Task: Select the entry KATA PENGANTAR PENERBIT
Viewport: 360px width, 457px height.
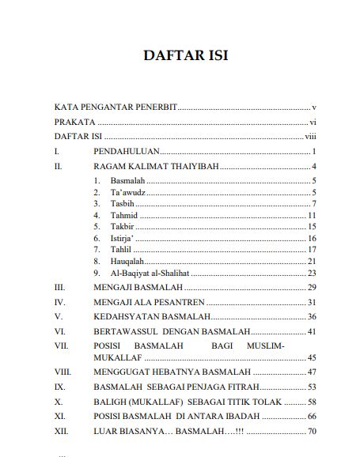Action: pyautogui.click(x=116, y=106)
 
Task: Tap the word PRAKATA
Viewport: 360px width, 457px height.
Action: pyautogui.click(x=74, y=123)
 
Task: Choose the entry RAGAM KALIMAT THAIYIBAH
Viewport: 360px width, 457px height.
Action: pyautogui.click(x=156, y=167)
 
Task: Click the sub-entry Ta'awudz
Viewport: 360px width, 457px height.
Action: pyautogui.click(x=127, y=193)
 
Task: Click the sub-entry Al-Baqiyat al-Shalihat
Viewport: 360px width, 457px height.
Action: pyautogui.click(x=150, y=273)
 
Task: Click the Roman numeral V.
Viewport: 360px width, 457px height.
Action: pyautogui.click(x=58, y=316)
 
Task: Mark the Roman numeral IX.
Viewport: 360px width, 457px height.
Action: pyautogui.click(x=59, y=387)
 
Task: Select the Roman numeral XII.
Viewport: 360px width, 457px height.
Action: pyautogui.click(x=61, y=431)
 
